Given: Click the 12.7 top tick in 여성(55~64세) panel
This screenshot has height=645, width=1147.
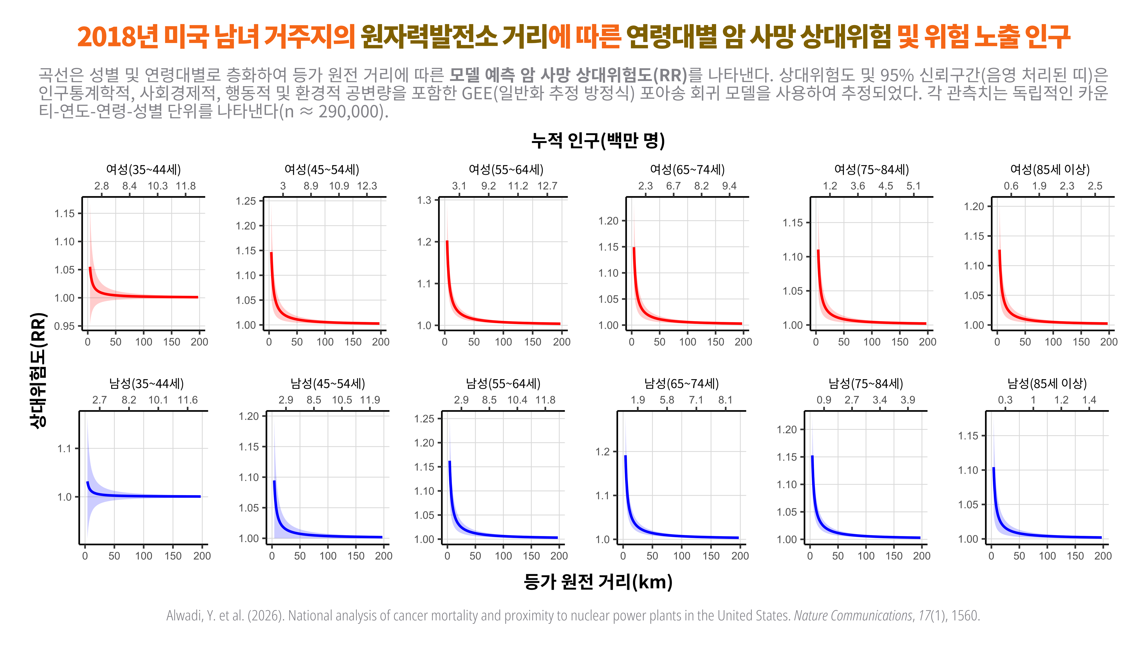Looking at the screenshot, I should tap(547, 186).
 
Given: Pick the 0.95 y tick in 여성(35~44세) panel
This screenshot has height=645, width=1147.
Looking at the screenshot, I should tap(65, 326).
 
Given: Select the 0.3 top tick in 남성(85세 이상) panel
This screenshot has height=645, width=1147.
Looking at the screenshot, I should tap(1005, 400).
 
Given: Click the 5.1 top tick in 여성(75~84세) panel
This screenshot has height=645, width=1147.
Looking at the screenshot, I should tap(913, 186).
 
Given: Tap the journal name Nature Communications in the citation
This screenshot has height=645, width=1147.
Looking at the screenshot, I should tap(853, 616).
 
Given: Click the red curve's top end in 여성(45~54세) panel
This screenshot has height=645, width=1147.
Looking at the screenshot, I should tap(271, 253).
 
